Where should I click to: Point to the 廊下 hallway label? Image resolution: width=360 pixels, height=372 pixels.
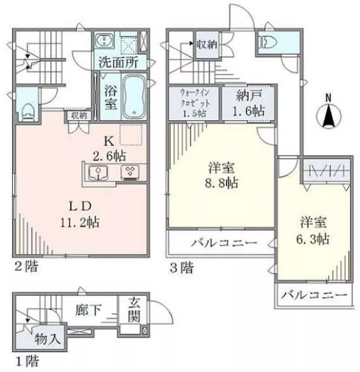pos(90,310)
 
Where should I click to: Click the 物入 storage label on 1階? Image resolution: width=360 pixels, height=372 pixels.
pos(47,338)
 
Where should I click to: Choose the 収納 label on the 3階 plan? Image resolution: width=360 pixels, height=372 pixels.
pos(208,44)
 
